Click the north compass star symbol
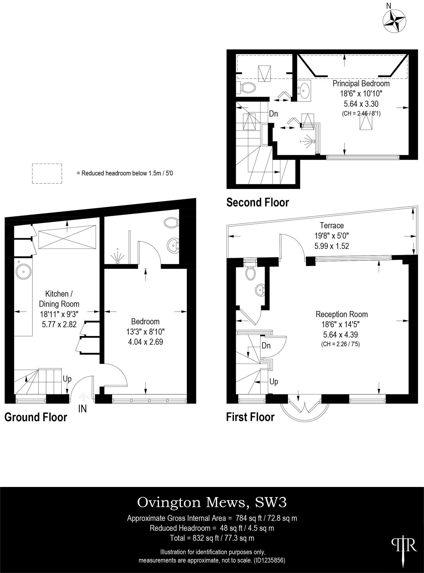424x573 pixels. tap(394, 21)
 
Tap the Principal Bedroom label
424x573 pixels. tap(361, 83)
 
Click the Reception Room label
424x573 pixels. tap(341, 314)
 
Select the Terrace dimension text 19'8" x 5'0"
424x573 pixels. tap(332, 236)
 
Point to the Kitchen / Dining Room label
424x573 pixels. tap(59, 299)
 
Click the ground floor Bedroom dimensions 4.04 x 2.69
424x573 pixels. tap(146, 342)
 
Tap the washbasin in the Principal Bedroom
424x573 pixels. tap(304, 90)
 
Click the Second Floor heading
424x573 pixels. tap(257, 203)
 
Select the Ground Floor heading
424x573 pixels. tap(36, 418)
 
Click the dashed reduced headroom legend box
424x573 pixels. tap(47, 174)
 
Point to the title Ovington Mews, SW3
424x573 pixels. tap(212, 503)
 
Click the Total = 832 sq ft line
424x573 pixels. tap(212, 538)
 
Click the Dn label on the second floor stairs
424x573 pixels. tap(273, 114)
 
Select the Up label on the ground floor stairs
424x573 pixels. tap(67, 379)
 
